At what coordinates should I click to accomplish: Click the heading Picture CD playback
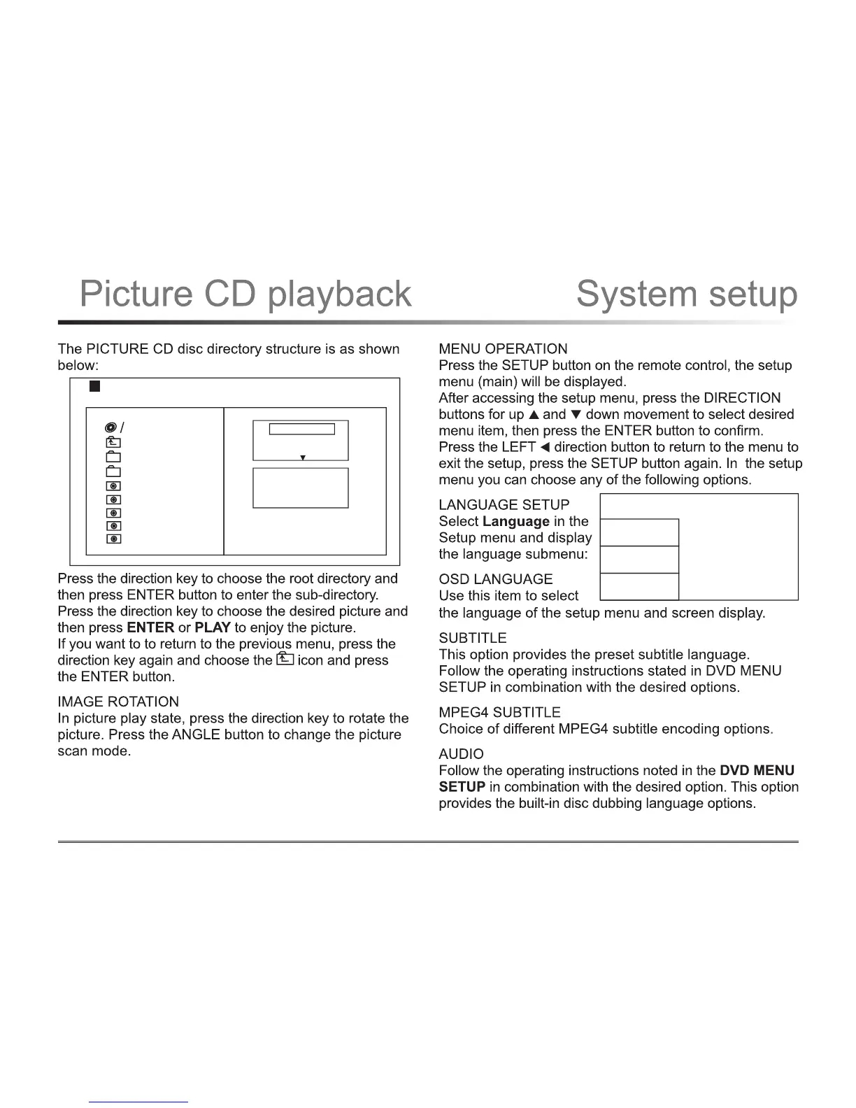coord(245,294)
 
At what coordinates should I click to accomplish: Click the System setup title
coord(686,294)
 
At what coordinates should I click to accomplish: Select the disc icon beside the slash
coord(110,427)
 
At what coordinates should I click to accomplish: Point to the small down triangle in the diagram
coord(302,457)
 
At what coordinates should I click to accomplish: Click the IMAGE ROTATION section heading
coord(118,702)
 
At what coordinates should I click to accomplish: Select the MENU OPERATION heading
coord(503,348)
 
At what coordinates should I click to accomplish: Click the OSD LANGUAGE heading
coord(495,579)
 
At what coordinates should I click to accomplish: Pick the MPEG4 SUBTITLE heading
coord(499,712)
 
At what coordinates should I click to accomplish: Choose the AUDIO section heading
coord(461,754)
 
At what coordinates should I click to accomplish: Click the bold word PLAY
coord(213,627)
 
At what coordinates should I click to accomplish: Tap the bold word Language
coord(516,521)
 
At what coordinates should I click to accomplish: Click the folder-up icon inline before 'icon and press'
coord(284,659)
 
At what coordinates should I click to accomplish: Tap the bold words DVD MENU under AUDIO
coord(757,770)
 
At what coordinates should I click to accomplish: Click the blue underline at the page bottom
coord(139,1102)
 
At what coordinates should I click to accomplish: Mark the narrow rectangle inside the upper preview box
coord(302,429)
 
